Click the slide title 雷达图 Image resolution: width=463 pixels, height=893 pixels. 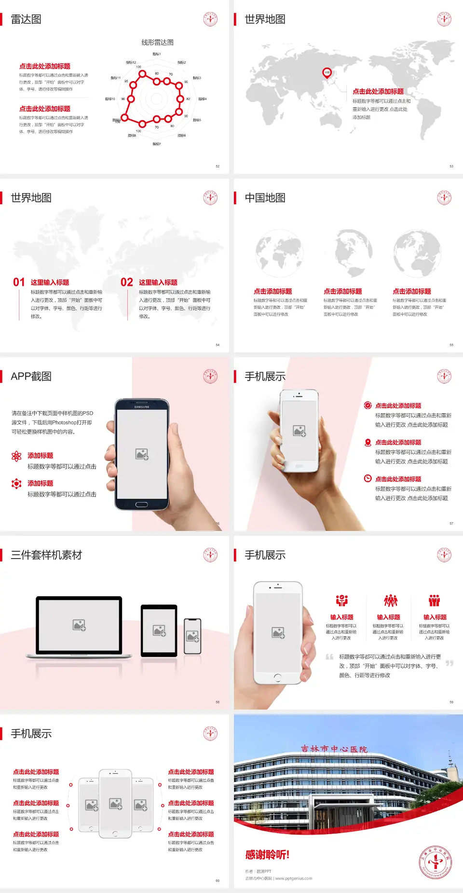26,19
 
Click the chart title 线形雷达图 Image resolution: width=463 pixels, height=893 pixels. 157,42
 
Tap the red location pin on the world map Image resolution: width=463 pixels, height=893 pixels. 327,73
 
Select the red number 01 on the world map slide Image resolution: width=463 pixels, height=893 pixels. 19,282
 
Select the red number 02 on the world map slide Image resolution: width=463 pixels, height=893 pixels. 127,282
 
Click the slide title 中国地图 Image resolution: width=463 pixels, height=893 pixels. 265,198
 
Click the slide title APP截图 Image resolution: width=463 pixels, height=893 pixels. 31,377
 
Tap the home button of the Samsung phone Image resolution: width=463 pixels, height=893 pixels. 141,504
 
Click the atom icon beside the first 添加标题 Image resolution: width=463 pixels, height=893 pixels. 17,456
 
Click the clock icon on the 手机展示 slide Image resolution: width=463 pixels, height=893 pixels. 368,478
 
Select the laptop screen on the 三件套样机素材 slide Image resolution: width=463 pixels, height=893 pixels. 79,625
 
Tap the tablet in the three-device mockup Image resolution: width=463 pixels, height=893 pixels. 159,630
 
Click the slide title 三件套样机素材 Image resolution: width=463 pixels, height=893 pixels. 46,555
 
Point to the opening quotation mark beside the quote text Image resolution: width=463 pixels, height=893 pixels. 329,656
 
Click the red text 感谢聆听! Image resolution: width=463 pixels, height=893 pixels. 267,855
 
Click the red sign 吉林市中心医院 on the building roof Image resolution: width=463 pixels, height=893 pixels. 334,749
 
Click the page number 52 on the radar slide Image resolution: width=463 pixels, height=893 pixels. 218,166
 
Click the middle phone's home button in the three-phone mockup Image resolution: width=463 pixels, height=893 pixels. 115,834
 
